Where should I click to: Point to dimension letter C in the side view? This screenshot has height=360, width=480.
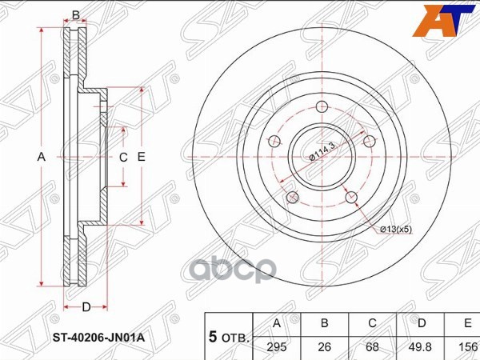(x=123, y=158)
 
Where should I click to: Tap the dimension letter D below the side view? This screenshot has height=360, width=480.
(x=86, y=307)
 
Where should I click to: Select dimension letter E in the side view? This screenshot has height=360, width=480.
(x=142, y=158)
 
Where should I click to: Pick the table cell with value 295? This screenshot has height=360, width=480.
(x=277, y=346)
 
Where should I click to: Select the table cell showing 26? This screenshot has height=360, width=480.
(x=325, y=346)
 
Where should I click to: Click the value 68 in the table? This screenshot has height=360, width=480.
(x=371, y=346)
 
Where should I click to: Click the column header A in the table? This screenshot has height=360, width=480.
(x=277, y=323)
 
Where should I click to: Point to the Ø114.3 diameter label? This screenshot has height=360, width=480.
(x=323, y=151)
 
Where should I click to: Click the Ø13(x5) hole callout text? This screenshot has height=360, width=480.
(x=395, y=230)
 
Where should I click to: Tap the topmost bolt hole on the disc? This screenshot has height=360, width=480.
(x=322, y=108)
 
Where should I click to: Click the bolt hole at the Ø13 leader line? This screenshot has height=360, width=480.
(x=350, y=195)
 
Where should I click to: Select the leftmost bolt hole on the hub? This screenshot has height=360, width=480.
(x=274, y=142)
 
